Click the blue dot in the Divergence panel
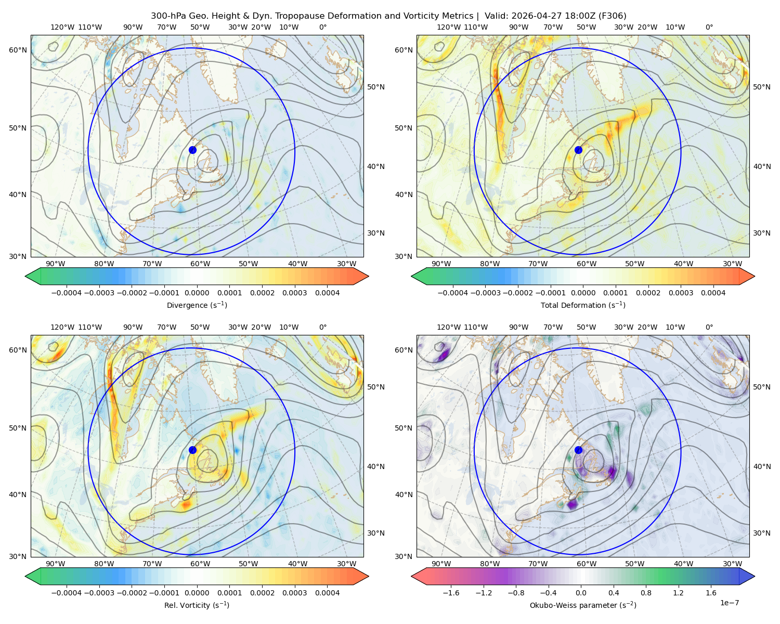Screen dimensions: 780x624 pyautogui.click(x=192, y=150)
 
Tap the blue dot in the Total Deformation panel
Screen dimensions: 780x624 pyautogui.click(x=578, y=150)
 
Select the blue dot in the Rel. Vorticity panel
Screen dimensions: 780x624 pyautogui.click(x=192, y=450)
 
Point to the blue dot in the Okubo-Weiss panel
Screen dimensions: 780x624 pyautogui.click(x=578, y=450)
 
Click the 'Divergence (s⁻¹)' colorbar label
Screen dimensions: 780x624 pyautogui.click(x=197, y=305)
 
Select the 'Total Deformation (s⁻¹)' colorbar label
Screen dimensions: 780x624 pyautogui.click(x=583, y=305)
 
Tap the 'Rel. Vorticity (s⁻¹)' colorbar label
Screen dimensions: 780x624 pyautogui.click(x=197, y=605)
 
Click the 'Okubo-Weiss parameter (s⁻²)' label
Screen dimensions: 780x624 pyautogui.click(x=583, y=605)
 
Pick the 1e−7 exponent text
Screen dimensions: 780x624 pyautogui.click(x=729, y=603)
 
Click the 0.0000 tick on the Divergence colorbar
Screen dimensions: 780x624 pyautogui.click(x=197, y=293)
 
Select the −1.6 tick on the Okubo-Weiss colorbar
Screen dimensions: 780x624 pyautogui.click(x=451, y=593)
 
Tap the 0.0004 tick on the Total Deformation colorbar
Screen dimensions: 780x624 pyautogui.click(x=713, y=293)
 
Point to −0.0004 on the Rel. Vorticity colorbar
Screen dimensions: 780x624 pyautogui.click(x=67, y=593)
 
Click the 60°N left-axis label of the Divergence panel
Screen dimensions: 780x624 pyautogui.click(x=18, y=50)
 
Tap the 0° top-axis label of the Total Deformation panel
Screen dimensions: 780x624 pyautogui.click(x=709, y=27)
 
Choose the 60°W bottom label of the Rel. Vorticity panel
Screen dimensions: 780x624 pyautogui.click(x=200, y=564)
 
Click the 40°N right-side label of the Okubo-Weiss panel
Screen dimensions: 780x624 pyautogui.click(x=762, y=466)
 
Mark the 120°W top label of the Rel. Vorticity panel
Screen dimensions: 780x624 pyautogui.click(x=62, y=327)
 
